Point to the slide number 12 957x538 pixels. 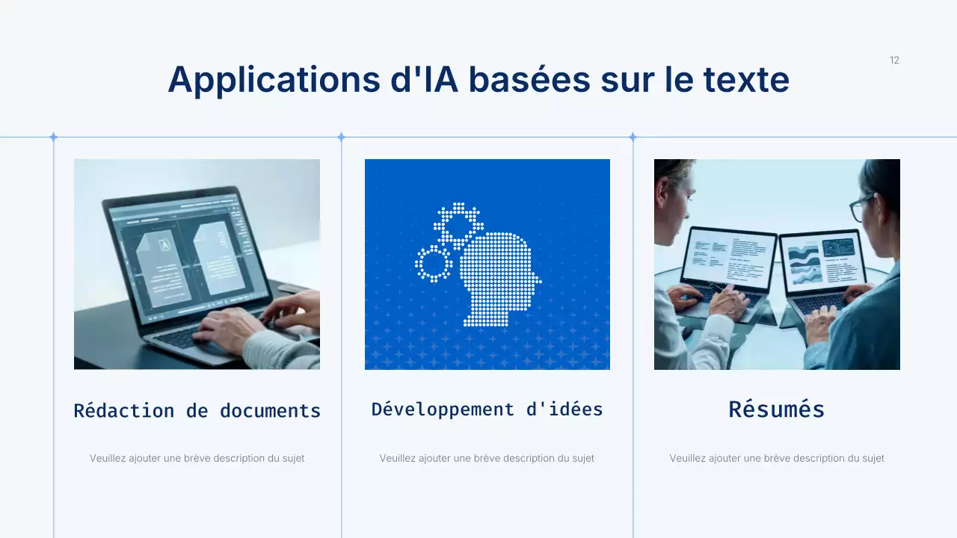click(894, 61)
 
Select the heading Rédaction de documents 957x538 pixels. click(197, 410)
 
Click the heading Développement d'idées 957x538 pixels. click(487, 409)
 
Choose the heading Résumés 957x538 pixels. click(776, 409)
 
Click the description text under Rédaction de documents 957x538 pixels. click(197, 458)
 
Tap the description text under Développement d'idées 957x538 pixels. click(487, 458)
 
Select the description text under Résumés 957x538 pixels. click(776, 458)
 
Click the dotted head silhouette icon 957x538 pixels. click(496, 280)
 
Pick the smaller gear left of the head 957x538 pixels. click(434, 263)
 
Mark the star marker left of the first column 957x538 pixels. click(53, 137)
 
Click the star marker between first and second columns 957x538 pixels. click(341, 137)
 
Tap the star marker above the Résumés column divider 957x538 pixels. click(633, 137)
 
